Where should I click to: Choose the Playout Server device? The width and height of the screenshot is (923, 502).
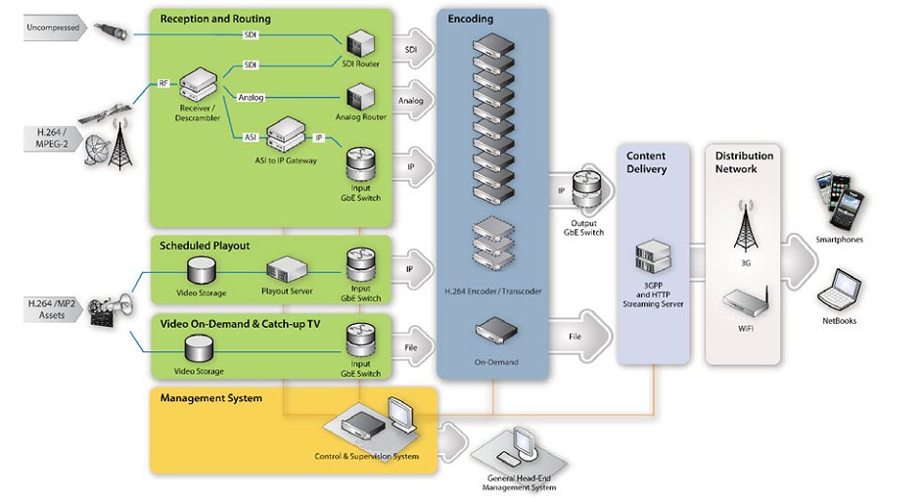(286, 269)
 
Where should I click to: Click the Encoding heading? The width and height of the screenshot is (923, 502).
(470, 18)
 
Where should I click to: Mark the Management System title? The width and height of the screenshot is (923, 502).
(210, 398)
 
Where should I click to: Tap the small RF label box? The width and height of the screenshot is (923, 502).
(163, 83)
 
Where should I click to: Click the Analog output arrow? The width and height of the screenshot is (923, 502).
(411, 100)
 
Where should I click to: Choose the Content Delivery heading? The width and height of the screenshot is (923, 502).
(646, 162)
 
